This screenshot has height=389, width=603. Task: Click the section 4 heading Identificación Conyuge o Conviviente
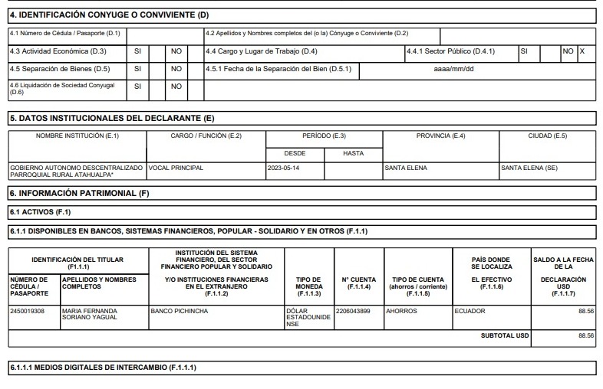pyautogui.click(x=110, y=15)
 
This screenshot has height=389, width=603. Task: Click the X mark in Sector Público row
pyautogui.click(x=582, y=51)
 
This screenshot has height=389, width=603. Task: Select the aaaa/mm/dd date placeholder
pyautogui.click(x=453, y=69)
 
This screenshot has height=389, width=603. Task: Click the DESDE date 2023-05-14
pyautogui.click(x=284, y=167)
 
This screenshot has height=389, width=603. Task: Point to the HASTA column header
pyautogui.click(x=353, y=153)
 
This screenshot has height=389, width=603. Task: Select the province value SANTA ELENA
pyautogui.click(x=406, y=167)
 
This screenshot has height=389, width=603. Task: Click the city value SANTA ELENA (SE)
pyautogui.click(x=529, y=167)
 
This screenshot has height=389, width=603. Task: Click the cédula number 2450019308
pyautogui.click(x=28, y=311)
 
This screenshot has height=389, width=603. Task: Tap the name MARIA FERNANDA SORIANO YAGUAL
pyautogui.click(x=90, y=315)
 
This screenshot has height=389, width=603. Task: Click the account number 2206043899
pyautogui.click(x=356, y=311)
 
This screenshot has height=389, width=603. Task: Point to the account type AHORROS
pyautogui.click(x=401, y=311)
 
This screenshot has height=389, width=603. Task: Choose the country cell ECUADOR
pyautogui.click(x=470, y=311)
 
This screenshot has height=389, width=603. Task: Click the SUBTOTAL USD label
pyautogui.click(x=505, y=335)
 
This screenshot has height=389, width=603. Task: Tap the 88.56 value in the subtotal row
pyautogui.click(x=586, y=335)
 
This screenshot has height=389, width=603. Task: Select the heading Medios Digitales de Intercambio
pyautogui.click(x=103, y=368)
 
